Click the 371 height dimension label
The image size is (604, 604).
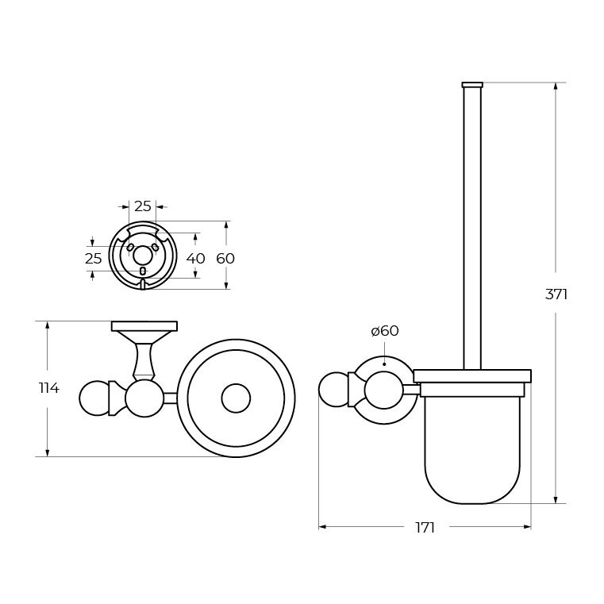[556, 294]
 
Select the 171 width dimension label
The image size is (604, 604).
[425, 528]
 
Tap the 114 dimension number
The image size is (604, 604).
[49, 388]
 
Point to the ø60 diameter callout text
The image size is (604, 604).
[385, 330]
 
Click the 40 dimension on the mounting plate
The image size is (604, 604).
[196, 259]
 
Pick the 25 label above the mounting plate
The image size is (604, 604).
[143, 206]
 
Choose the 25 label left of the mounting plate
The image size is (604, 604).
[93, 259]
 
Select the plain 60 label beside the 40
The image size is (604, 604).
[225, 258]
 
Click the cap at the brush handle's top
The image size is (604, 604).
[472, 85]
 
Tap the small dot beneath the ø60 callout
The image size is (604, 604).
[384, 364]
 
